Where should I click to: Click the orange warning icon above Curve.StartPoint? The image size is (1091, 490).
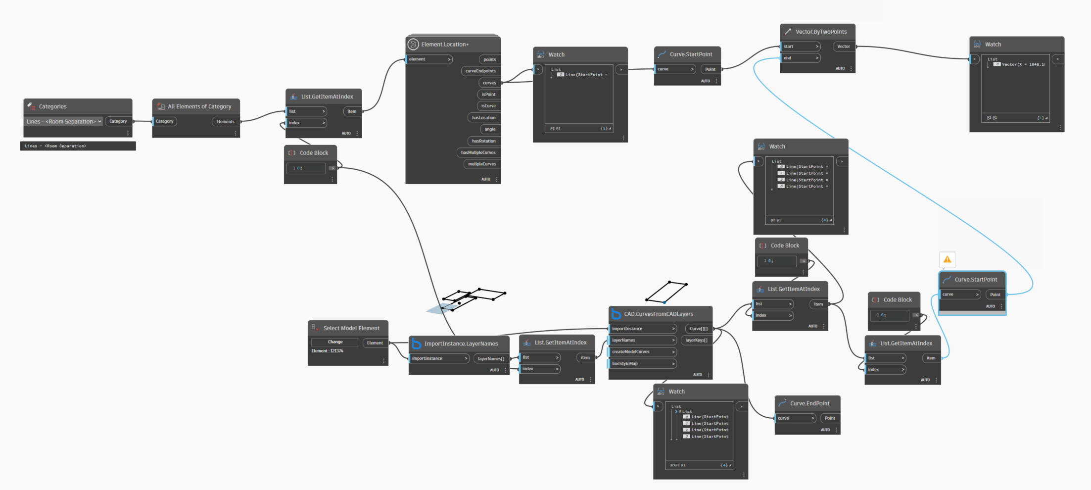click(x=947, y=259)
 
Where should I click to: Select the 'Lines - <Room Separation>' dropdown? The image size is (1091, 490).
click(x=64, y=121)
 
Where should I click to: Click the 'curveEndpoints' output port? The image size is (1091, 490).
click(x=480, y=71)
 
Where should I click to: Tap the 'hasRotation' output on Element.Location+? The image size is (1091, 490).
click(x=483, y=141)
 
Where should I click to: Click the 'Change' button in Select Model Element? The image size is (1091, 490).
click(x=335, y=342)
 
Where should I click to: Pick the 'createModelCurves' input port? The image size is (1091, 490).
click(x=642, y=352)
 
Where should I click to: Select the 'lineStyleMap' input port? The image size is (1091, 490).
click(x=642, y=364)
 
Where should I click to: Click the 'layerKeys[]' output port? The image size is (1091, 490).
click(x=696, y=341)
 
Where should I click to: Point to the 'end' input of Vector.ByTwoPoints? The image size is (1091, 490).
click(x=799, y=58)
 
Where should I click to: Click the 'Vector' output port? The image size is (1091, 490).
click(x=844, y=47)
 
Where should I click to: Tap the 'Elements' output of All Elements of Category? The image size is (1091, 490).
click(x=226, y=122)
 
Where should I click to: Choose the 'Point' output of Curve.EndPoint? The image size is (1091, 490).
click(x=830, y=418)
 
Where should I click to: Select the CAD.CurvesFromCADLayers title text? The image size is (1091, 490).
click(x=658, y=314)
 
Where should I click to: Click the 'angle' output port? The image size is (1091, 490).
click(x=489, y=129)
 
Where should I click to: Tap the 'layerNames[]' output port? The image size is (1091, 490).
click(x=491, y=359)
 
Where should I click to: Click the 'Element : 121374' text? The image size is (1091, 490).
click(x=328, y=351)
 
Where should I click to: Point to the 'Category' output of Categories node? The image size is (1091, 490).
click(x=118, y=121)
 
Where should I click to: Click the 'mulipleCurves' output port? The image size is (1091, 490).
click(x=481, y=164)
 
